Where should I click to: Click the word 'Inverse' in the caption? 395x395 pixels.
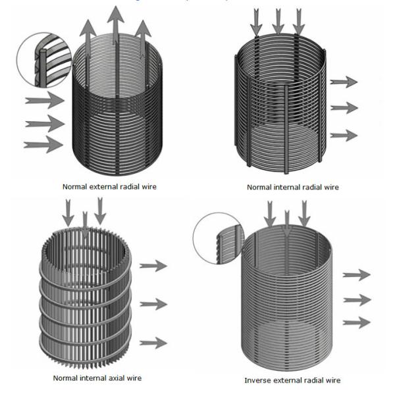(258, 381)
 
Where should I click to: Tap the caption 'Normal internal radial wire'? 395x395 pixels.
(292, 187)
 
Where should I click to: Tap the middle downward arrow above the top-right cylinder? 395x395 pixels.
(278, 20)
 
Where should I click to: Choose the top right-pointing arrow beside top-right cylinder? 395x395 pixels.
(343, 82)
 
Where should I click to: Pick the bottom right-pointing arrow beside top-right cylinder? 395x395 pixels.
(343, 136)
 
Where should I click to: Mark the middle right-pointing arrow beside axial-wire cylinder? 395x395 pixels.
(153, 303)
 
